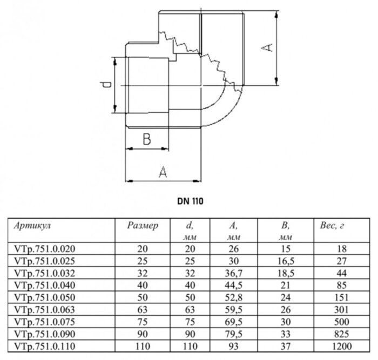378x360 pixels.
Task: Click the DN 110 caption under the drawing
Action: [189, 200]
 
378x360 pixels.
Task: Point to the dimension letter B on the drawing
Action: [146, 139]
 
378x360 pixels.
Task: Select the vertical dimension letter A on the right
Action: [266, 47]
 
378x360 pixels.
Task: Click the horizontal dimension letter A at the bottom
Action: [163, 172]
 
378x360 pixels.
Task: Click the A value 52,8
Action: [234, 297]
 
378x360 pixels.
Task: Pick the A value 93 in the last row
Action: [234, 346]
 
